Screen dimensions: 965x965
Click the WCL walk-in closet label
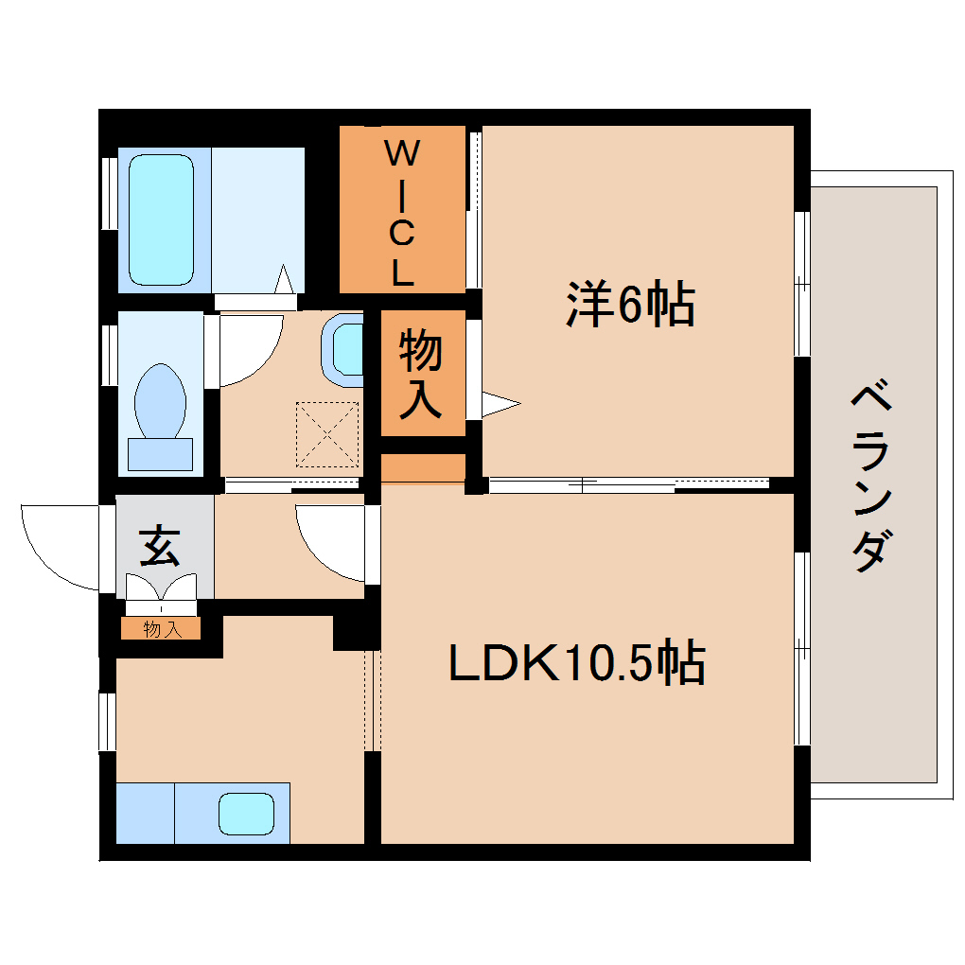pos(402,212)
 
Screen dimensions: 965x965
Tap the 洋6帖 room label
pos(630,304)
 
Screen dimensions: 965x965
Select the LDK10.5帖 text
pos(576,663)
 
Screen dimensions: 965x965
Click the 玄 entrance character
pos(159,547)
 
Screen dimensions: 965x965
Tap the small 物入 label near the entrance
pos(161,629)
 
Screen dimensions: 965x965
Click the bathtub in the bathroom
pos(162,219)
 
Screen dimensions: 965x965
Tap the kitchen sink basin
pos(247,814)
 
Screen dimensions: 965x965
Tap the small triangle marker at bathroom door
pos(283,279)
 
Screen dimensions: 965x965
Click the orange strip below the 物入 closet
pos(423,468)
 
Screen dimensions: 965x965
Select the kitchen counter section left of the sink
pos(145,813)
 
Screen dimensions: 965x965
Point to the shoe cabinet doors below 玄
pos(161,593)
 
